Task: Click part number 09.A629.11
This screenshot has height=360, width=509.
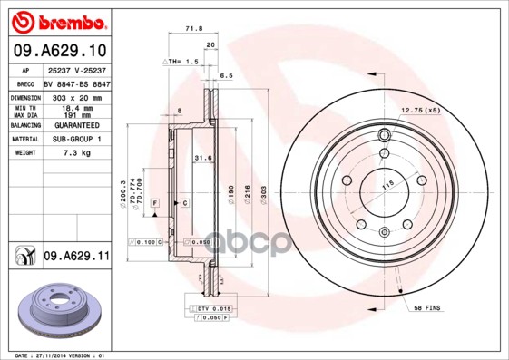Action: pos(75,257)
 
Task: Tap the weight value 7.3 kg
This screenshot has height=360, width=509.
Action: pos(77,153)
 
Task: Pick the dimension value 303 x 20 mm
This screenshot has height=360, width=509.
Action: pos(77,95)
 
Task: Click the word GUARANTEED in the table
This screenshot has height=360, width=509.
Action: pos(77,125)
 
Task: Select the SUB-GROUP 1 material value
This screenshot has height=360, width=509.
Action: pos(77,139)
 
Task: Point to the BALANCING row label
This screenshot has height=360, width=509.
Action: pos(24,125)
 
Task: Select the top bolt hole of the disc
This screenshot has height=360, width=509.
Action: pos(384,136)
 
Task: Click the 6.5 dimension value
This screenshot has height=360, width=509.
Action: pos(227,76)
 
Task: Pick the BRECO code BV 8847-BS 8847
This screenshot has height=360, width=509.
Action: pos(77,82)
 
